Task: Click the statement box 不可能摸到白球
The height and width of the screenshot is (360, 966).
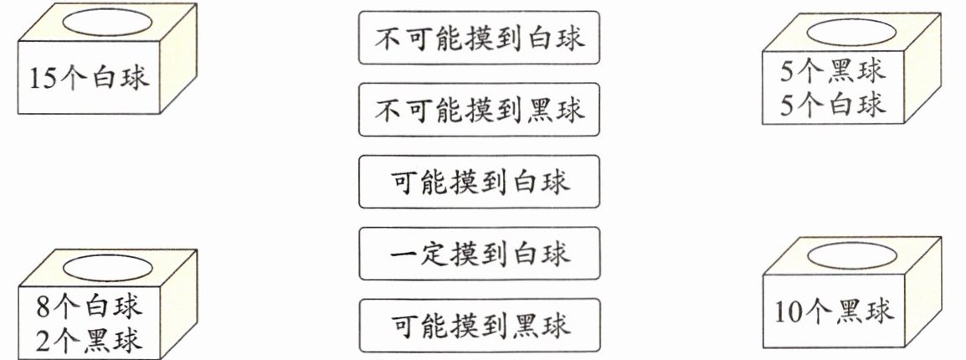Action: pos(479,38)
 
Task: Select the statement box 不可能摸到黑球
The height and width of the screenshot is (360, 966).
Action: pos(479,110)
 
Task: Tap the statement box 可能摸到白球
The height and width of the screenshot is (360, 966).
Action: pos(479,182)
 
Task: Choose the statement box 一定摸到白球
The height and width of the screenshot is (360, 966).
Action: pos(479,253)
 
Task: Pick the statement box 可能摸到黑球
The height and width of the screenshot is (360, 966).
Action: pos(479,324)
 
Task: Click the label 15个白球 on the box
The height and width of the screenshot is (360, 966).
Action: pos(87,80)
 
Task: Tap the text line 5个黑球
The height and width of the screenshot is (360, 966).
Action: pos(832,72)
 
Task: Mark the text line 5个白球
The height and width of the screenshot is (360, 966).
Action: pos(832,105)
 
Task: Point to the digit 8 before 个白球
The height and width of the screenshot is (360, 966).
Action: pos(44,306)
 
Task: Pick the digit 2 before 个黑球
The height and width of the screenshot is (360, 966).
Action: pos(44,340)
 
